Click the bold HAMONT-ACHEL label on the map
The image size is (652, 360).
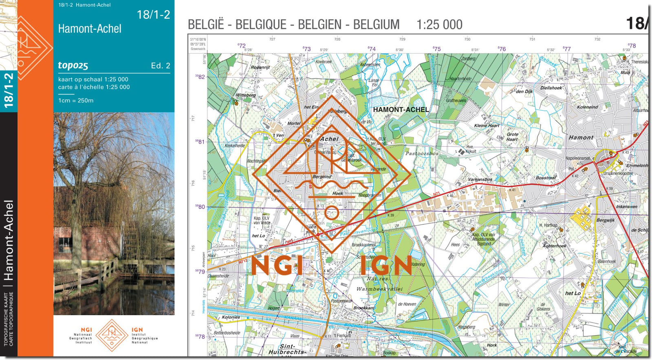click(x=401, y=110)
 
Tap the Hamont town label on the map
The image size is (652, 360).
click(x=581, y=138)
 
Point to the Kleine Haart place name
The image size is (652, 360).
click(x=486, y=126)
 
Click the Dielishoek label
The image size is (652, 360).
click(x=551, y=88)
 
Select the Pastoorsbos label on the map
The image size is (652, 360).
click(x=422, y=154)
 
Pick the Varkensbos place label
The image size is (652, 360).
click(x=480, y=179)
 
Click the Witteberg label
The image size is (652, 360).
click(x=246, y=95)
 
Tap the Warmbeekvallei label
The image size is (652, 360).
click(x=379, y=289)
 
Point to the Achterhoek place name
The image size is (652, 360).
click(x=554, y=246)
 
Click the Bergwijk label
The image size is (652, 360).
click(x=606, y=220)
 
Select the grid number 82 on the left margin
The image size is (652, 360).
click(x=200, y=77)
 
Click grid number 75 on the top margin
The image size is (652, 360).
click(x=437, y=49)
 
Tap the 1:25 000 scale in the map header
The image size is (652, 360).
click(x=439, y=25)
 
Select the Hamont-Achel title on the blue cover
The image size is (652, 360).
click(x=90, y=29)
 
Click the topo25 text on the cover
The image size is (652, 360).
click(x=73, y=66)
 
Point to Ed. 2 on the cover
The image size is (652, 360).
click(x=160, y=66)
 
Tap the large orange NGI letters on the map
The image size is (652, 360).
click(x=277, y=266)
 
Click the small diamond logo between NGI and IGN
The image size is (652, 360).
click(x=112, y=335)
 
